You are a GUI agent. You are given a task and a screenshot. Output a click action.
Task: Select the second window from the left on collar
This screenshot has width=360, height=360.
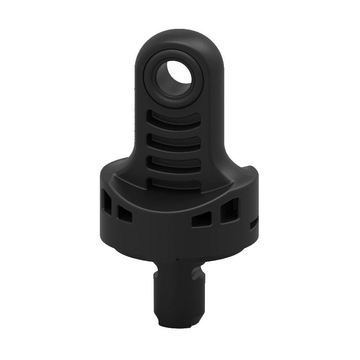click(125, 214)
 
